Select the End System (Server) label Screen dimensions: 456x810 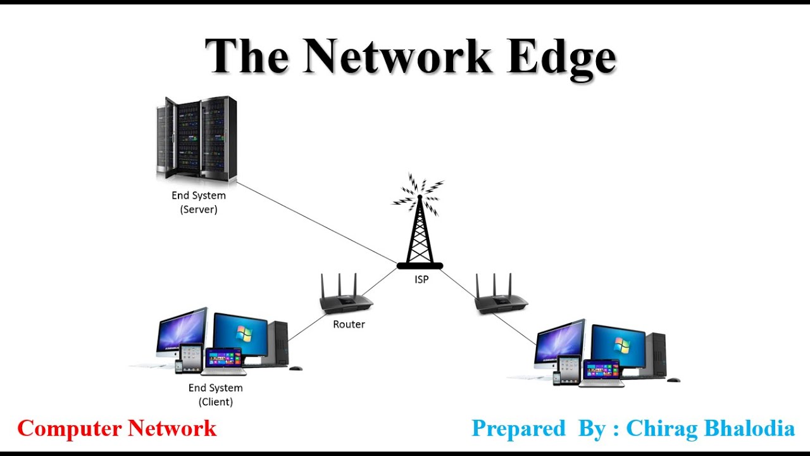click(199, 203)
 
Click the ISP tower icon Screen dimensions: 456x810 click(420, 231)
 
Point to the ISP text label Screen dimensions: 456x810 click(421, 279)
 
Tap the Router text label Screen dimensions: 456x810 click(349, 324)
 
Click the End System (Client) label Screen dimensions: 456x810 click(215, 395)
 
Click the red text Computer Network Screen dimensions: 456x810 click(116, 429)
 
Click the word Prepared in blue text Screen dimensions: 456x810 click(518, 429)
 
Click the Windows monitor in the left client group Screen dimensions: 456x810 click(240, 336)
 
